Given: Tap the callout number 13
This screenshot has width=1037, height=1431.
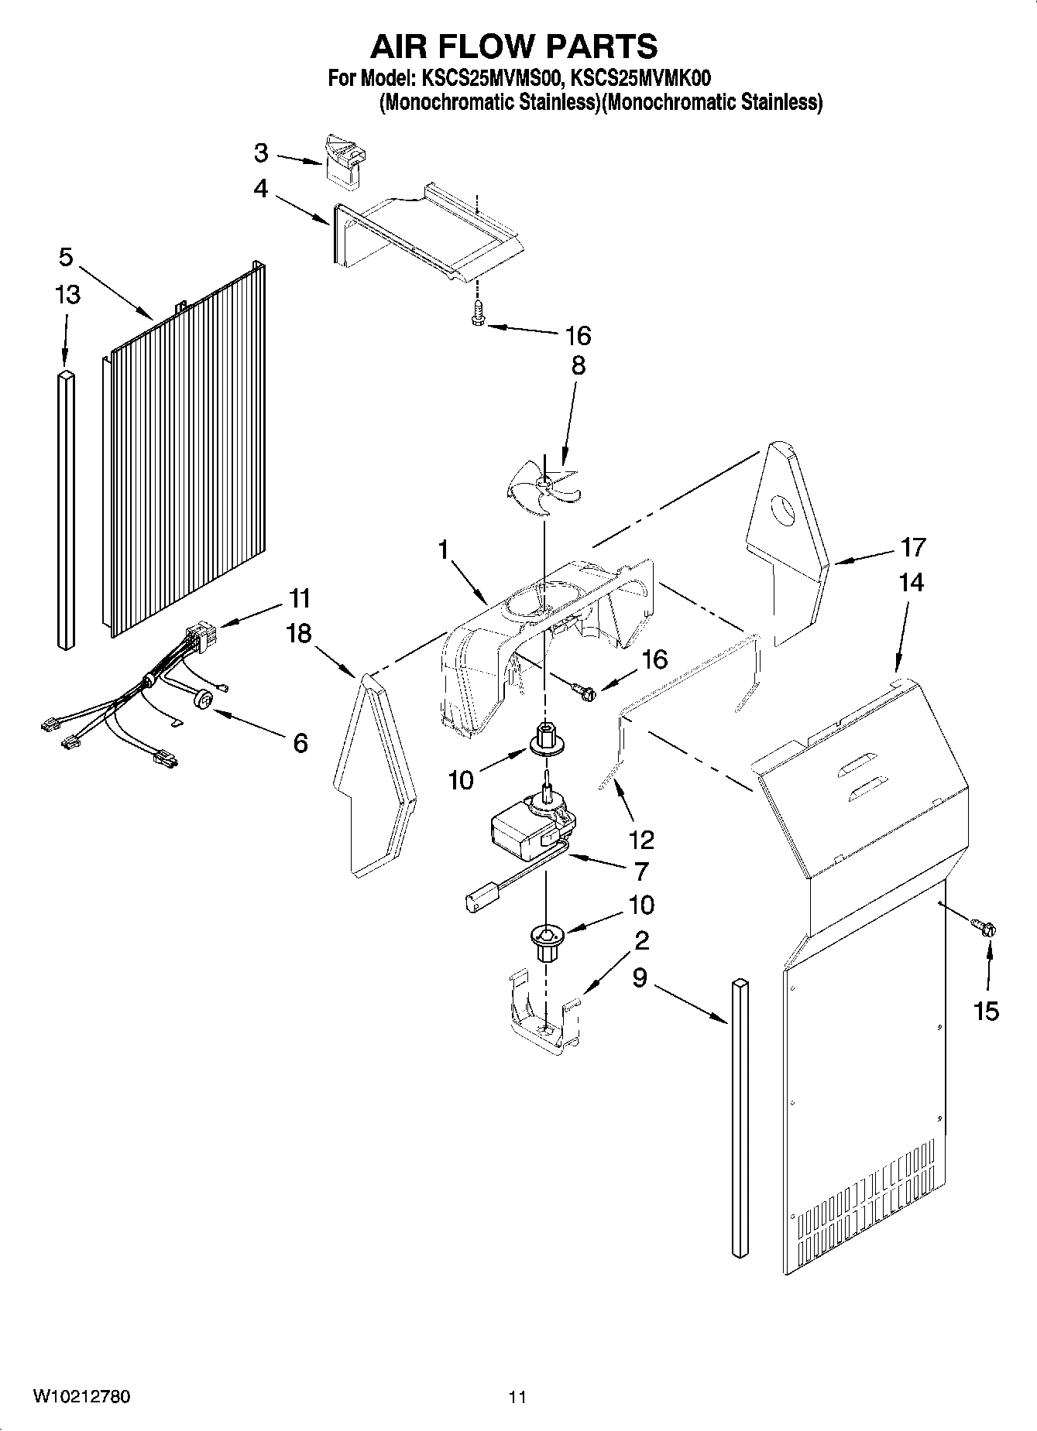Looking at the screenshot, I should [x=67, y=295].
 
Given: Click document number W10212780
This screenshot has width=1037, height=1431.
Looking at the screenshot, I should [x=81, y=1397].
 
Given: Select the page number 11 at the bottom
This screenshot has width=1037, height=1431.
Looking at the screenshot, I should [x=517, y=1397].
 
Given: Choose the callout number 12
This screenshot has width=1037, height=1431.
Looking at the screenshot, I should [x=642, y=839].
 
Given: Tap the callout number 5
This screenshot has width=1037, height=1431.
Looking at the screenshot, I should [x=66, y=256].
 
